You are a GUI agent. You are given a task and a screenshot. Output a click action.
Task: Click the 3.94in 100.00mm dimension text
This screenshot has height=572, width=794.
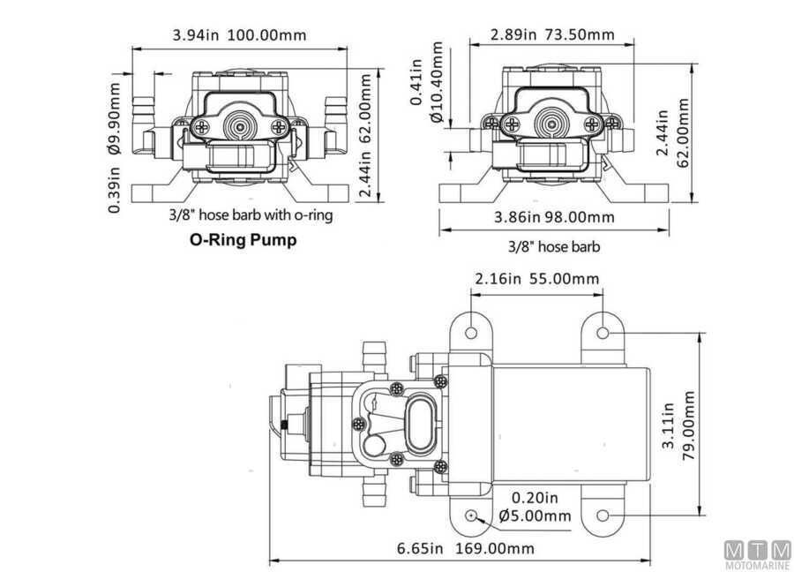(x=239, y=35)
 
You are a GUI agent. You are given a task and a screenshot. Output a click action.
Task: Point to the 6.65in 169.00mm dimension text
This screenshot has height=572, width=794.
(x=465, y=548)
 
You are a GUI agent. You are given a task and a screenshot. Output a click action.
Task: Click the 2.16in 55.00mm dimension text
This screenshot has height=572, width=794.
(x=536, y=279)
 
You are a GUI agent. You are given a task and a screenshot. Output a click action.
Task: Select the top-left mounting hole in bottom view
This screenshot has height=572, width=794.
(x=472, y=334)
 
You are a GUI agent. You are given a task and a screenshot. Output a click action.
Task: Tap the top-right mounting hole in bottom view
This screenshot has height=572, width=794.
(x=603, y=334)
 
